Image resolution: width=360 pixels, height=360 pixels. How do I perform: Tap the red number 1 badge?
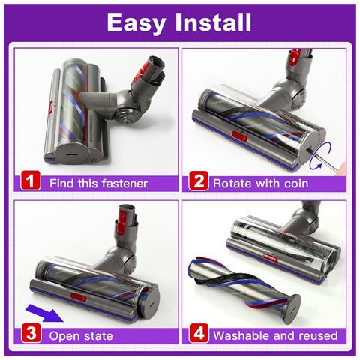pos(31,181)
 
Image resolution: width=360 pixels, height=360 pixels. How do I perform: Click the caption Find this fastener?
pos(98,182)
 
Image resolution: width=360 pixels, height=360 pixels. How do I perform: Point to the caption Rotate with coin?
pos(262,182)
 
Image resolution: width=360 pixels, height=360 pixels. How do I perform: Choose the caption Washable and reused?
pos(274,334)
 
